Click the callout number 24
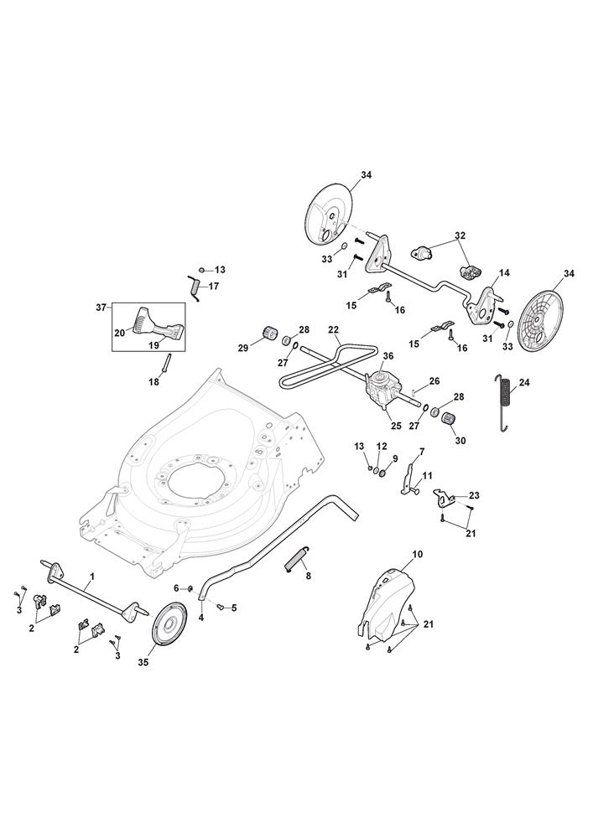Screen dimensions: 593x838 pyautogui.click(x=524, y=383)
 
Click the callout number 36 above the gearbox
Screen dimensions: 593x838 pyautogui.click(x=388, y=355)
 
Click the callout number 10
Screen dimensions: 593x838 pyautogui.click(x=418, y=554)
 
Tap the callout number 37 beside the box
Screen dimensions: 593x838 pyautogui.click(x=101, y=308)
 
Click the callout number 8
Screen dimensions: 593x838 pyautogui.click(x=308, y=577)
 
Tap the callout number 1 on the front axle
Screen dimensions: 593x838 pyautogui.click(x=92, y=577)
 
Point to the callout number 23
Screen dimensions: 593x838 pyautogui.click(x=474, y=494)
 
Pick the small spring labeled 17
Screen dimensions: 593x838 pyautogui.click(x=194, y=287)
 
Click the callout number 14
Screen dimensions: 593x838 pyautogui.click(x=504, y=272)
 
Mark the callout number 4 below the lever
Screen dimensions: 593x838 pyautogui.click(x=201, y=618)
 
